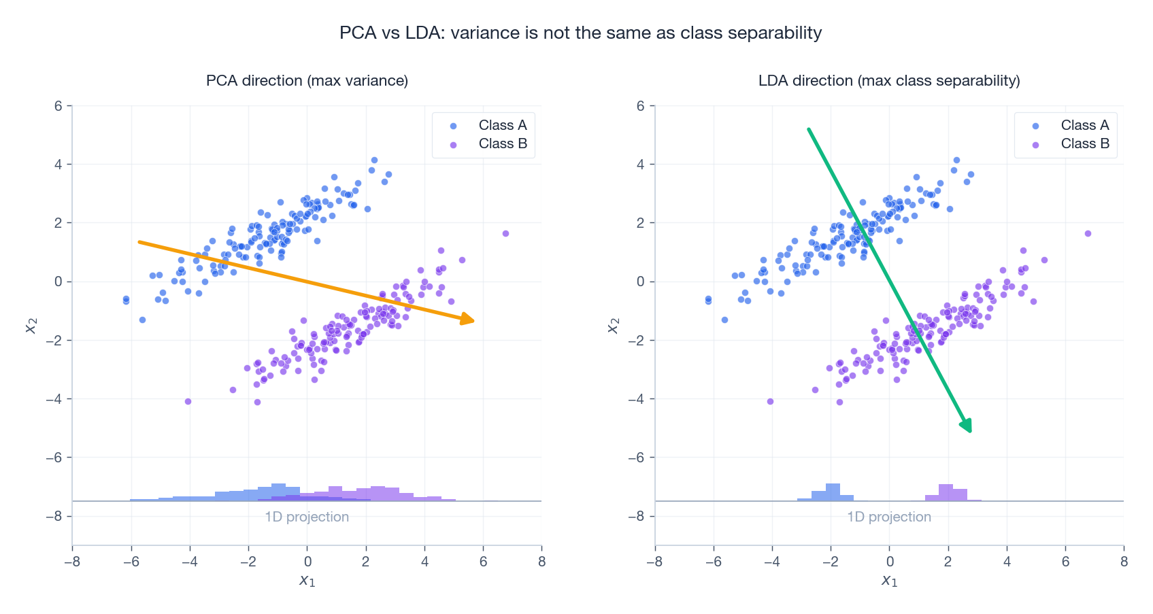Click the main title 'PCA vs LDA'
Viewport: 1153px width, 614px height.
[x=580, y=33]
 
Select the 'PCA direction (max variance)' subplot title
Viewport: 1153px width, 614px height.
[x=307, y=80]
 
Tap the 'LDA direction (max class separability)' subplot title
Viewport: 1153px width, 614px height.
[x=888, y=80]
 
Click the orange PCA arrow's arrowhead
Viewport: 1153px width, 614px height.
[x=469, y=320]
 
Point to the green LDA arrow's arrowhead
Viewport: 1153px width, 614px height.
[x=967, y=426]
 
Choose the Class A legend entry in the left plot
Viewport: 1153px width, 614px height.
[x=502, y=125]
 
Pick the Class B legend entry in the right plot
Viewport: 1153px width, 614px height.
[x=1084, y=143]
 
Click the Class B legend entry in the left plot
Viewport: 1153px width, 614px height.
[x=502, y=143]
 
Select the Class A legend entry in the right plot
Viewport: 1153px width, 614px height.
[x=1084, y=125]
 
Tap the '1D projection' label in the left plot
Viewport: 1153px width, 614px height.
[x=307, y=517]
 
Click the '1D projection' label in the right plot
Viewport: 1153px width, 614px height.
[x=888, y=517]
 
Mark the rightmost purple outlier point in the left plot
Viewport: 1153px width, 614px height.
[x=505, y=233]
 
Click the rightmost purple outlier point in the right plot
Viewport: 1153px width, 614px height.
[x=1088, y=233]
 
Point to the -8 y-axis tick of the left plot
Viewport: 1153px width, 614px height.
[x=54, y=516]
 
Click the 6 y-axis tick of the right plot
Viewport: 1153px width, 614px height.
[x=641, y=105]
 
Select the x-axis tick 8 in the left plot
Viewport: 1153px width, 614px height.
[x=541, y=562]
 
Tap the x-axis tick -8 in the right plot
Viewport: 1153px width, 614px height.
[x=654, y=562]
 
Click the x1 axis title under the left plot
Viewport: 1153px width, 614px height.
[x=307, y=580]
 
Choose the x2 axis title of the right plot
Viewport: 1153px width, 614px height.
[x=613, y=326]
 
